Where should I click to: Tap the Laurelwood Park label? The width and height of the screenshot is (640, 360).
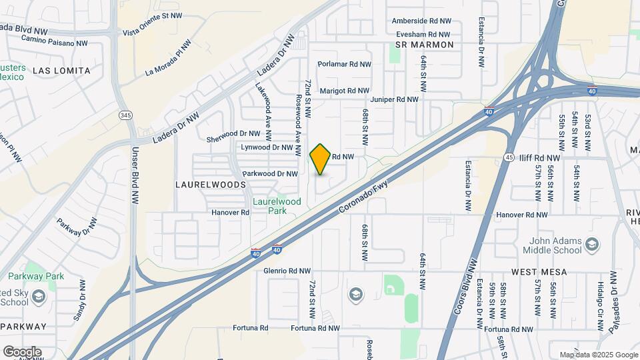point(277,206)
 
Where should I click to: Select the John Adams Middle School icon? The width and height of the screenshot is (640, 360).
point(591,247)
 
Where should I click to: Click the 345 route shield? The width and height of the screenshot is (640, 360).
point(125,115)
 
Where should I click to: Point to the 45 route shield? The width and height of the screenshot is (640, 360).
point(508,157)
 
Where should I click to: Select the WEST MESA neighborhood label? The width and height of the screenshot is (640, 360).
point(539,272)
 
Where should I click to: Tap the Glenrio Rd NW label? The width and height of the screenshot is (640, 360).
point(287,271)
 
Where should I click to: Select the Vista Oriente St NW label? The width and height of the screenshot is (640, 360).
point(153,33)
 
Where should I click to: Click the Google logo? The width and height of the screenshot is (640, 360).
point(22,351)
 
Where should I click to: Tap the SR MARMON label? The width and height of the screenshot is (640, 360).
point(424,45)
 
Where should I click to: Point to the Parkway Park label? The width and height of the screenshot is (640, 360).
point(36,276)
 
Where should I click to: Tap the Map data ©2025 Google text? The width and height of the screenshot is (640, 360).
point(598,355)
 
